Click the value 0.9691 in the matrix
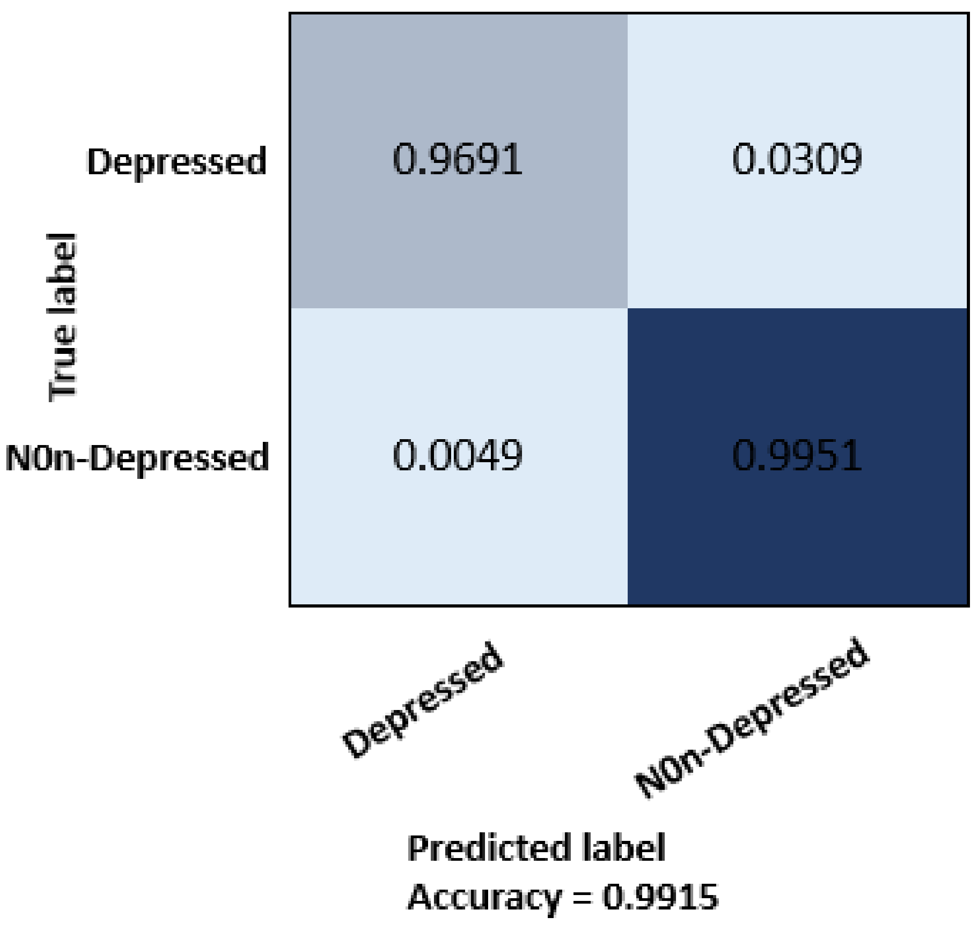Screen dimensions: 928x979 click(457, 159)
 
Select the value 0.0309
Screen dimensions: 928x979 click(797, 159)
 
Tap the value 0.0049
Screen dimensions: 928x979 click(457, 455)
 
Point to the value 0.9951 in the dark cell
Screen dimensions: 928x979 click(797, 455)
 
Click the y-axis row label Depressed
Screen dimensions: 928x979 click(177, 162)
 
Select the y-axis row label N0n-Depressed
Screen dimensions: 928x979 click(137, 458)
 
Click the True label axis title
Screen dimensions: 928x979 click(62, 316)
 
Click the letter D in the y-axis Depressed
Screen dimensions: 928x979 click(98, 161)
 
